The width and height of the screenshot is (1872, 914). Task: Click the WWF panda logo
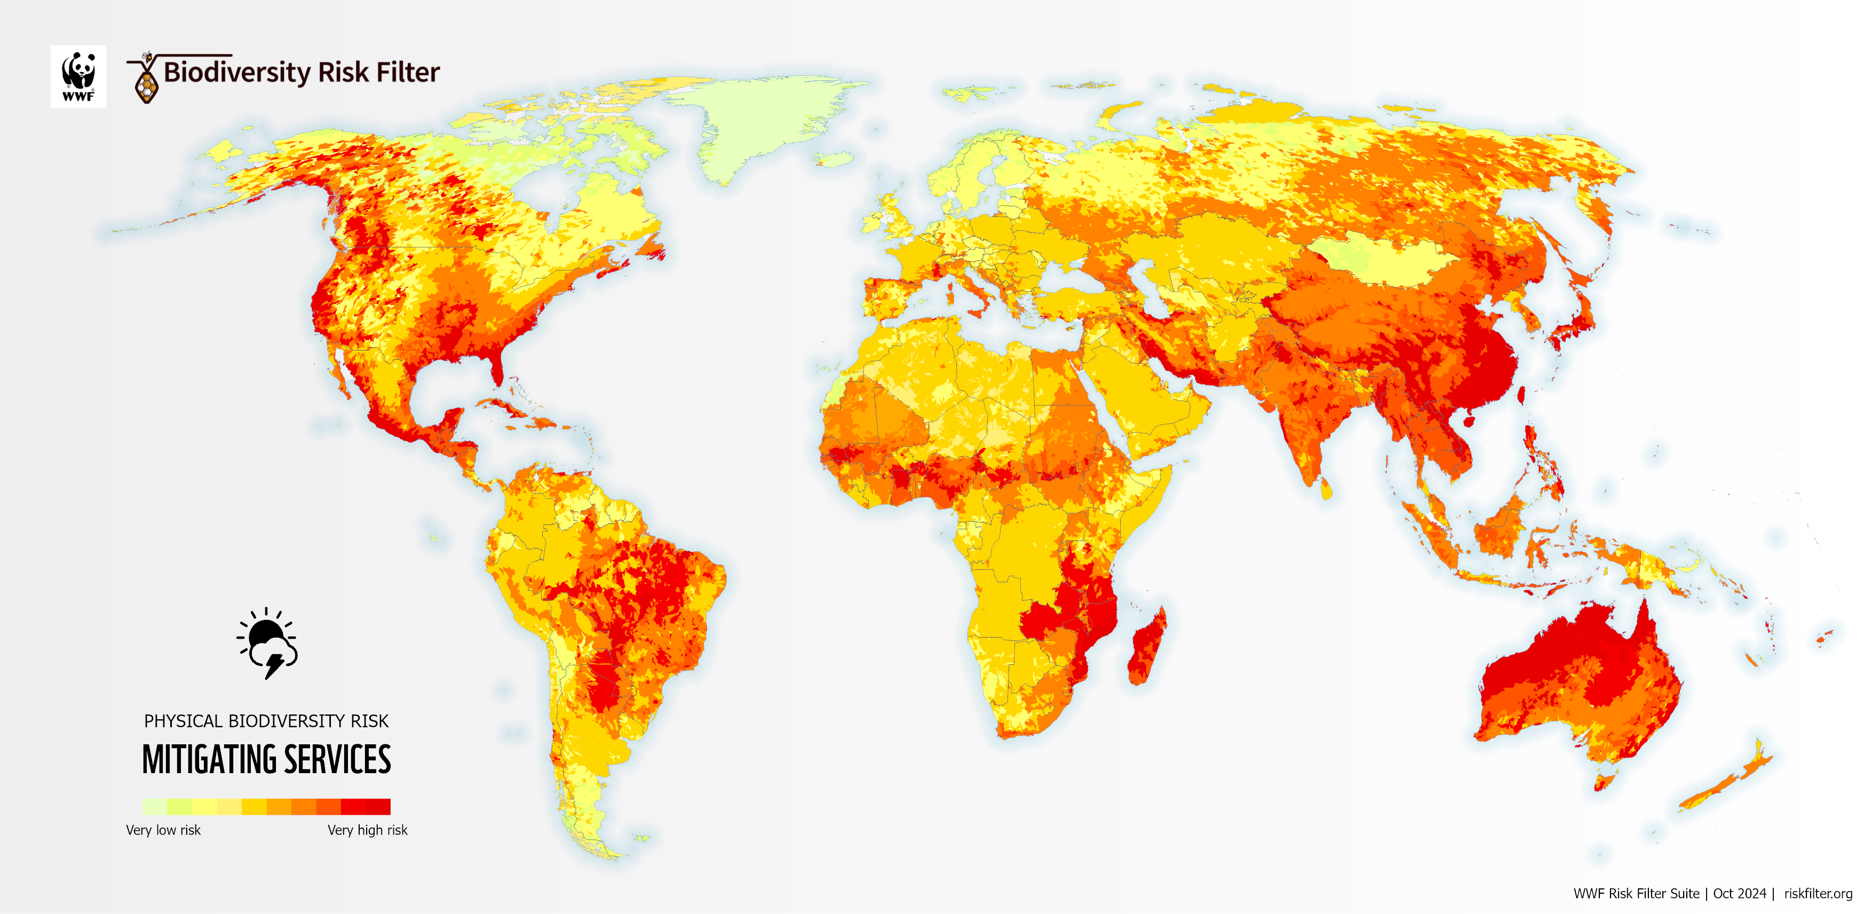78,76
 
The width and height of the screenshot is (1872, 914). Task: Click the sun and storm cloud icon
267,643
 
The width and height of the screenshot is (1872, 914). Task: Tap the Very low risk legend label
163,830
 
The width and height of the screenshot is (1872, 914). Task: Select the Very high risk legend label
367,830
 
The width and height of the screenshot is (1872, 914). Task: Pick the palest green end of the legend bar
153,806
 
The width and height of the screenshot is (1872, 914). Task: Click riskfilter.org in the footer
1818,894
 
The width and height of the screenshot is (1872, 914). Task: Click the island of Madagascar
1147,647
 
